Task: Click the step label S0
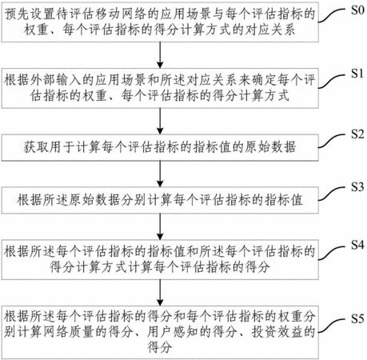click(357, 10)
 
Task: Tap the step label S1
click(357, 74)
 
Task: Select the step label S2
click(357, 134)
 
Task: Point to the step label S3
click(357, 187)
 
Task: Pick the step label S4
click(357, 245)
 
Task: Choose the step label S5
click(357, 318)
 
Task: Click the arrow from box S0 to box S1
click(160, 55)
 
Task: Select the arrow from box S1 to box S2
click(160, 122)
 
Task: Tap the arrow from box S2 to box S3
click(160, 174)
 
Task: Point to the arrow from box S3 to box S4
click(160, 227)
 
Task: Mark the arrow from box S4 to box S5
click(160, 293)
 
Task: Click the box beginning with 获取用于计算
click(160, 148)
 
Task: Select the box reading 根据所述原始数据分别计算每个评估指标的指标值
click(160, 201)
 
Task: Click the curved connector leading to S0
click(333, 15)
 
